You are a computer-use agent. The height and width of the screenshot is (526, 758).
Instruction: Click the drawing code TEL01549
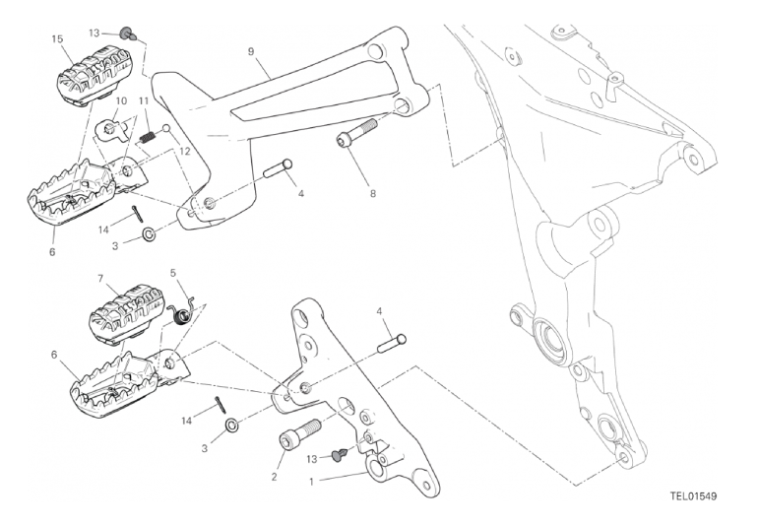point(693,496)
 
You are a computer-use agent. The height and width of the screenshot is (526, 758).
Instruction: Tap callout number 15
point(57,38)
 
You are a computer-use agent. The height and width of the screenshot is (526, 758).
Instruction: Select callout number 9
point(251,51)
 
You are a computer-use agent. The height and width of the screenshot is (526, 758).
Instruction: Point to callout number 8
point(373,194)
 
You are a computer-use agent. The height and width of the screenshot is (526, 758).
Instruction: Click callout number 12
point(185,152)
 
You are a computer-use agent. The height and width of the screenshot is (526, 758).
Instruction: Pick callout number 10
point(121,100)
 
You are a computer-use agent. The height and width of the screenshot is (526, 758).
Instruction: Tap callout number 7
point(100,279)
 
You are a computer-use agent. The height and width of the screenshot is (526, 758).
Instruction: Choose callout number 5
point(173,274)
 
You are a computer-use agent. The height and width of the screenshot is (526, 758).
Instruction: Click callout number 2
point(274,477)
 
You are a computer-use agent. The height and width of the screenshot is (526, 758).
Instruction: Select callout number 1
point(311,482)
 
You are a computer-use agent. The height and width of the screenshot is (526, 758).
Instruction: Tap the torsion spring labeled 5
point(183,313)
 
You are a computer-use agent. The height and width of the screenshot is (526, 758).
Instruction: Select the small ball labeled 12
point(166,129)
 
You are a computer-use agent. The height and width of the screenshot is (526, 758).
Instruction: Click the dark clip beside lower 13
point(340,454)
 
